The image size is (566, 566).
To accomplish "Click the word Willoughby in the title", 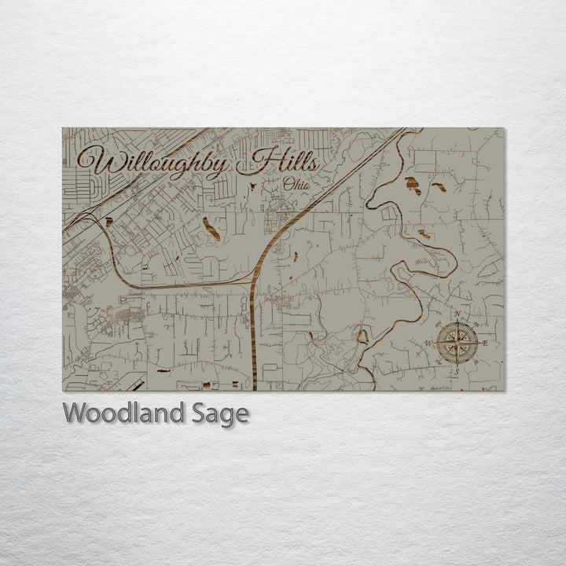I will (x=154, y=164).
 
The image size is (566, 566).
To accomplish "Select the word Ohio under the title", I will (x=296, y=185).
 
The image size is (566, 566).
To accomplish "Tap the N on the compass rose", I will (x=457, y=314).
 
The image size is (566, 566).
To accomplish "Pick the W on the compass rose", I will (x=428, y=344).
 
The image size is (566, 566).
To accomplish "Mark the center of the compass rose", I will (x=457, y=344).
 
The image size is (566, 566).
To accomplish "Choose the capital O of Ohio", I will (x=288, y=185).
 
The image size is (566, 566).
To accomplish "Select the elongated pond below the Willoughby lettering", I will (x=211, y=228).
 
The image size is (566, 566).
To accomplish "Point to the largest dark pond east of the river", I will (x=412, y=185).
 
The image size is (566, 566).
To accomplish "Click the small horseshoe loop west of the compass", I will (x=362, y=336).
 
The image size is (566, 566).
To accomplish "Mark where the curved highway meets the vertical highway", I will (x=253, y=281).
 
